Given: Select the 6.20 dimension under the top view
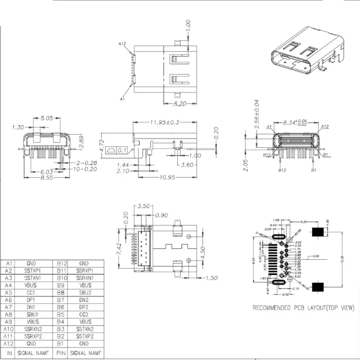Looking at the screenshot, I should point(180,103).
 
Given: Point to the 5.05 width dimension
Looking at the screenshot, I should point(47,119).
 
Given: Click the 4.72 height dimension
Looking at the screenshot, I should point(102,146).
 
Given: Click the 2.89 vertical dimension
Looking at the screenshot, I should point(81,142).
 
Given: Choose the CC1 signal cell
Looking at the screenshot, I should point(31,292).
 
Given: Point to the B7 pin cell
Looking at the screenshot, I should point(62,300).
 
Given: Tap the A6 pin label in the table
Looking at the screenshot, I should point(9,300).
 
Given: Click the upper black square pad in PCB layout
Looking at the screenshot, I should point(319,233).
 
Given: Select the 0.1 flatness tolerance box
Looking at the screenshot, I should point(122,150).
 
